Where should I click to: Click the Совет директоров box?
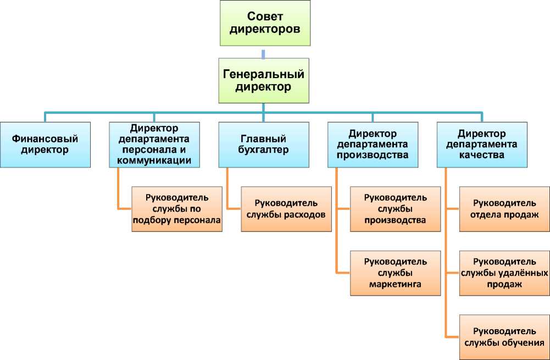click(265, 23)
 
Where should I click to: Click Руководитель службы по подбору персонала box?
click(177, 209)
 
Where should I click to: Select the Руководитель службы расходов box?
click(286, 209)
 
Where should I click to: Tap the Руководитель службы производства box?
click(396, 209)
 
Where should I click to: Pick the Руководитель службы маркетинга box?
click(396, 273)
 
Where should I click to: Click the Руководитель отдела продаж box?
click(504, 209)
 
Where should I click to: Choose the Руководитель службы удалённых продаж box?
click(504, 273)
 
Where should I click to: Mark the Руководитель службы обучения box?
click(504, 337)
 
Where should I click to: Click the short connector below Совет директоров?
click(264, 53)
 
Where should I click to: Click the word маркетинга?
click(396, 285)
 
